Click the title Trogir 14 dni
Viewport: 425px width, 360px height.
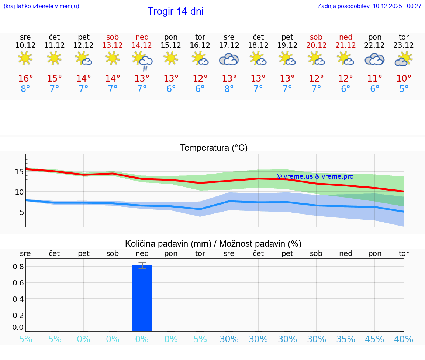pos(175,11)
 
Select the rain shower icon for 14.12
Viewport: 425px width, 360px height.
pos(142,61)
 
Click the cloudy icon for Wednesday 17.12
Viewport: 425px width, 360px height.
pos(229,59)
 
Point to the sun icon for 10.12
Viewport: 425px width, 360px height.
pos(25,58)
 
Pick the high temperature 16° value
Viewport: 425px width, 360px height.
pos(25,79)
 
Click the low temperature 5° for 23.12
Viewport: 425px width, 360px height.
pos(404,89)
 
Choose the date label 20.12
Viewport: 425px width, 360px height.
pos(316,45)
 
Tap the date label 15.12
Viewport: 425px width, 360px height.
pos(171,45)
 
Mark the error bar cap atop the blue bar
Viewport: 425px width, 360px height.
pos(142,263)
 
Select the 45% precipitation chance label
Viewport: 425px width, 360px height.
pos(374,339)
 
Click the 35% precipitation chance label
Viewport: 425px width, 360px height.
pos(346,339)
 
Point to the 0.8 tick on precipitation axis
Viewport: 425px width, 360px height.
pos(18,267)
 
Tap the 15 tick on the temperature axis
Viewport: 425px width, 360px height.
pos(19,172)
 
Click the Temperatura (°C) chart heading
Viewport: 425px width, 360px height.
pos(214,148)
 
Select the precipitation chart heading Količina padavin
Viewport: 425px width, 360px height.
pos(213,244)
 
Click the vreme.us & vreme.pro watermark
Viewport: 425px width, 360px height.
pos(315,176)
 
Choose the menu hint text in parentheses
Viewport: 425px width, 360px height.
pos(41,6)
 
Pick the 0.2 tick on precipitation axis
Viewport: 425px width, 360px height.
pos(18,315)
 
